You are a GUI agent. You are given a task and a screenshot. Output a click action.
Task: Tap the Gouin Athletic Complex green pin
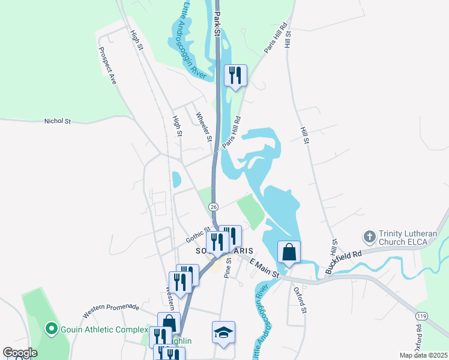point(51,329)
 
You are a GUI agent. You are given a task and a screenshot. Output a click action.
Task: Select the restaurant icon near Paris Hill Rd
point(235,76)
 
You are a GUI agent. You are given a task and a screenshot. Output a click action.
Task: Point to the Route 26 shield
point(214,206)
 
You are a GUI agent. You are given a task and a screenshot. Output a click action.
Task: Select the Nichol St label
point(58,121)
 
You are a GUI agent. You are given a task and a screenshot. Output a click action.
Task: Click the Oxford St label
point(300,300)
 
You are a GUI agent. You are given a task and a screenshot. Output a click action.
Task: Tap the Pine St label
point(228,268)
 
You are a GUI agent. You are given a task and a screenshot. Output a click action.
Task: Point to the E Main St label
point(264,268)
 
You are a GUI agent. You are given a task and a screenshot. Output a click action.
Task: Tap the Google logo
point(20,353)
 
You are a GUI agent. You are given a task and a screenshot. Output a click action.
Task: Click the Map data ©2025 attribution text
point(423,355)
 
